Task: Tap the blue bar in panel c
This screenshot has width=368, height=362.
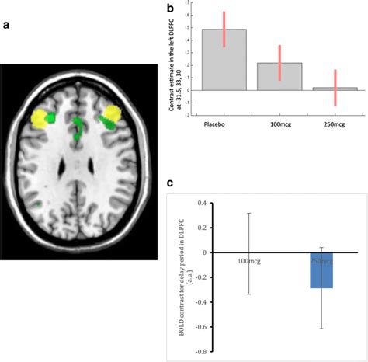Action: [321, 270]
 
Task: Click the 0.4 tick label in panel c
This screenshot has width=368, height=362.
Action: [203, 204]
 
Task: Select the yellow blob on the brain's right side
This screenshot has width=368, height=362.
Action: [110, 115]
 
